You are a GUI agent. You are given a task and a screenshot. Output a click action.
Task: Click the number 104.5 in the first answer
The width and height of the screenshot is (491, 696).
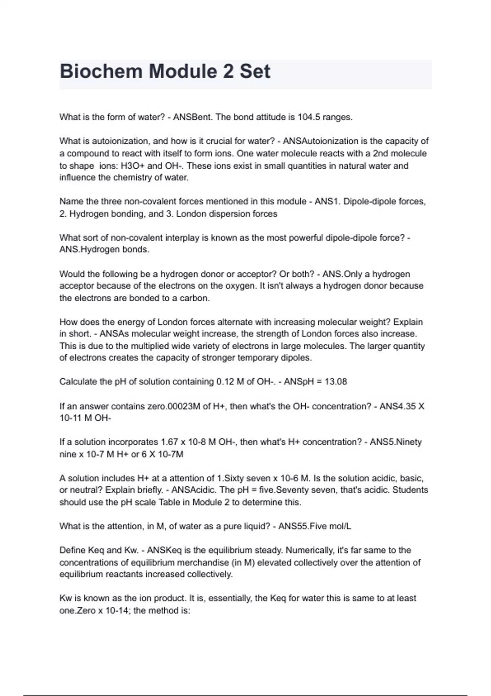tap(309, 117)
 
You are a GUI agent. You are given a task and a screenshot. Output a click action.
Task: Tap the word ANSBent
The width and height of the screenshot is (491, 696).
tap(193, 117)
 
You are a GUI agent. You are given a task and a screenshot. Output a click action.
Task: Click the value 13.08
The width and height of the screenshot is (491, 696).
tap(336, 382)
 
